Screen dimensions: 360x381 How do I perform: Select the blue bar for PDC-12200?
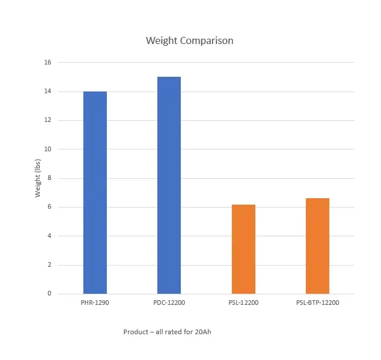click(x=169, y=185)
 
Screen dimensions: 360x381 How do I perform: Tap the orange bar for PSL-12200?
click(x=243, y=249)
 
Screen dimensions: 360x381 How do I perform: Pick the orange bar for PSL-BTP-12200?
click(x=318, y=246)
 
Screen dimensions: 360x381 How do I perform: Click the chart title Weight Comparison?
click(x=190, y=41)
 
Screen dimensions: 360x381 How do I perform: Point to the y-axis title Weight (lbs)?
click(x=38, y=178)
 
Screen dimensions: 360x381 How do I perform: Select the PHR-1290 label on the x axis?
click(x=95, y=303)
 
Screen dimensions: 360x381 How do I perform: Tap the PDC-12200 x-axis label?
click(x=169, y=303)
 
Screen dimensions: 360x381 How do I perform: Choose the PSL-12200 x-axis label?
click(x=243, y=303)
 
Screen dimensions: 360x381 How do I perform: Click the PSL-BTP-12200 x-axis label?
click(x=318, y=303)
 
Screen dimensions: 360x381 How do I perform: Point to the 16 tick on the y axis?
click(x=48, y=63)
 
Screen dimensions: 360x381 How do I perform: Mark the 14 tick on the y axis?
click(x=48, y=91)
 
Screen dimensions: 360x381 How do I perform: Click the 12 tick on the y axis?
click(x=48, y=120)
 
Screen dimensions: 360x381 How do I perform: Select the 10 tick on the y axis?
click(x=48, y=149)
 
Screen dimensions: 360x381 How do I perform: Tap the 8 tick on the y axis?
click(x=49, y=178)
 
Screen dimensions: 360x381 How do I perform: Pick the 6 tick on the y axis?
click(x=49, y=207)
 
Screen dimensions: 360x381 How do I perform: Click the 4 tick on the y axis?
click(x=49, y=236)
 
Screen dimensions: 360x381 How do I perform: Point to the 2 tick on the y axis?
click(x=49, y=264)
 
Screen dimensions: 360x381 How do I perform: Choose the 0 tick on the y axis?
click(x=49, y=294)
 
